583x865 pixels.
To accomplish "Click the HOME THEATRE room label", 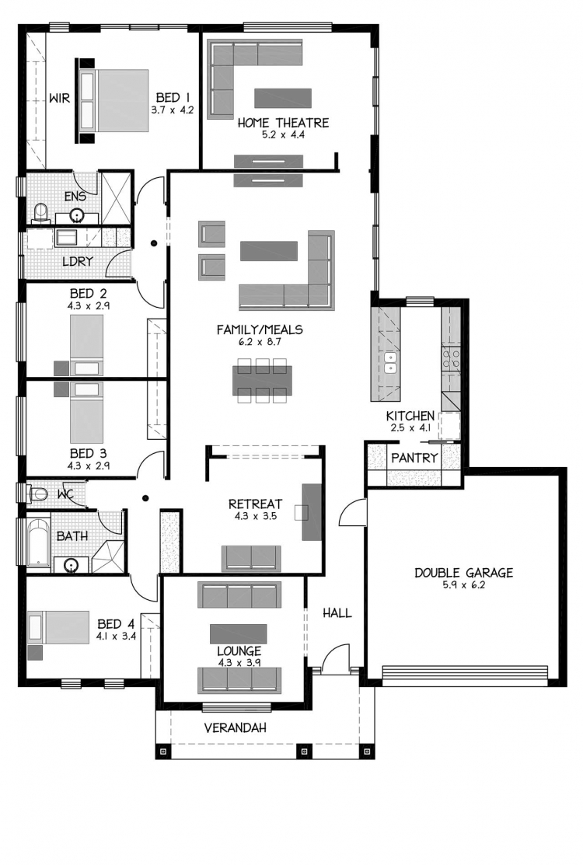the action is (x=283, y=123).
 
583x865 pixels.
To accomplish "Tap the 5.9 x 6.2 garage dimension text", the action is (x=463, y=585).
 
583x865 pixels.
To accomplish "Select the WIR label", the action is (x=60, y=98).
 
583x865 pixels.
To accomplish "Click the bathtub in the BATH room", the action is (x=38, y=542).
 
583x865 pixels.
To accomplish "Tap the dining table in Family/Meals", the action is (x=263, y=380).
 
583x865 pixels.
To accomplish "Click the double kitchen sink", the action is (x=390, y=361).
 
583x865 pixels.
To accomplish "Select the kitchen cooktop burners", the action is (x=451, y=358).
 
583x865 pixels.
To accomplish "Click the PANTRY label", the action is (x=414, y=457).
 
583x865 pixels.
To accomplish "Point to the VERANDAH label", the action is (x=235, y=727).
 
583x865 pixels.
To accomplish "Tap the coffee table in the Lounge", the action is (x=239, y=634).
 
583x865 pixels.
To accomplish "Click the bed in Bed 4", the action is (x=58, y=627).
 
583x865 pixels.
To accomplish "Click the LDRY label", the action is (x=77, y=261).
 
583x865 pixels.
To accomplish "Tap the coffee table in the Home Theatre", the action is (x=283, y=98).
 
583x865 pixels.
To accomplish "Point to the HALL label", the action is (x=337, y=613).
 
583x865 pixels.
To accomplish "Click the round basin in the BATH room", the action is (x=71, y=565).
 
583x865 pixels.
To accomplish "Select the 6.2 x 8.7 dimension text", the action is (x=259, y=342).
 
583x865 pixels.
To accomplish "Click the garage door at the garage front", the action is (x=465, y=676).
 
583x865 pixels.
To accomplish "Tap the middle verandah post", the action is (x=303, y=752).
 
